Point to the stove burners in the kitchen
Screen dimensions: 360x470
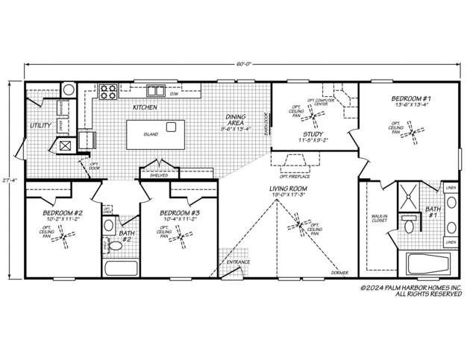pyautogui.click(x=107, y=92)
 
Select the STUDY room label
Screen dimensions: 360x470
pyautogui.click(x=313, y=135)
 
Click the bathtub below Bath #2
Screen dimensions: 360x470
pyautogui.click(x=122, y=269)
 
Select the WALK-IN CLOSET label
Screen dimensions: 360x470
pyautogui.click(x=379, y=220)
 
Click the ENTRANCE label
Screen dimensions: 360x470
pyautogui.click(x=239, y=263)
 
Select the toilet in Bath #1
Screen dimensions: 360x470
pyautogui.click(x=407, y=224)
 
